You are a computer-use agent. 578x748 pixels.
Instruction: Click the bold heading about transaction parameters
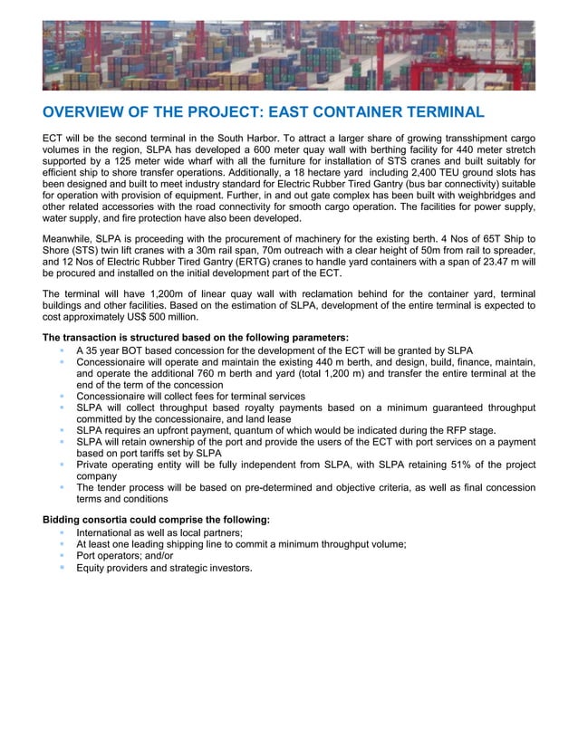point(189,338)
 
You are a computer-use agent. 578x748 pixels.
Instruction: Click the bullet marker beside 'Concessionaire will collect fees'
point(62,397)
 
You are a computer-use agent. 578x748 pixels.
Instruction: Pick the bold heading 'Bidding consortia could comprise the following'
point(156,520)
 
